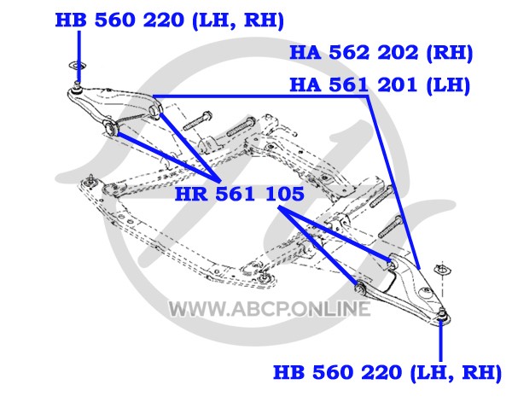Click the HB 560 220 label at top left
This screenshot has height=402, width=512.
170,20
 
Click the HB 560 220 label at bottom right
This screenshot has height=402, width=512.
387,372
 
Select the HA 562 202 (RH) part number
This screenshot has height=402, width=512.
381,53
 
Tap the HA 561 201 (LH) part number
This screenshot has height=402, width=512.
380,84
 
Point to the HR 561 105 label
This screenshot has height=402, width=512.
240,194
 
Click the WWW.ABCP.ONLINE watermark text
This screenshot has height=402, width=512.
270,309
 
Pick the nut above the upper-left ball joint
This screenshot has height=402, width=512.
77,67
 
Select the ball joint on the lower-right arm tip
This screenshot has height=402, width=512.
441,314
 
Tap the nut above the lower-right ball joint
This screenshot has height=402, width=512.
442,270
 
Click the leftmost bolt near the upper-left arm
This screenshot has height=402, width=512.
198,121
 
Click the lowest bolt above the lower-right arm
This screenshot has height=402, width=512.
391,227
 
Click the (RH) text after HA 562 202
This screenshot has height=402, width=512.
450,53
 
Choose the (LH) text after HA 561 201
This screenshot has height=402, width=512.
448,84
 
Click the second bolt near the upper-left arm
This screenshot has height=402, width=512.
241,126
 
